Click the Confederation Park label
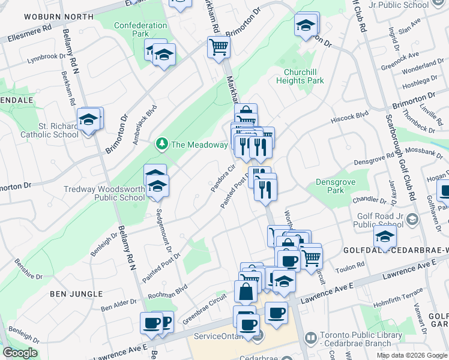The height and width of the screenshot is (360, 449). click(x=140, y=29)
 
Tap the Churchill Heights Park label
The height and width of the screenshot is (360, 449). click(x=304, y=76)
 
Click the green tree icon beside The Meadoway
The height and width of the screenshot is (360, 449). click(x=161, y=144)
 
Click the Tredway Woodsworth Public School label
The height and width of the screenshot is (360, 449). click(x=104, y=194)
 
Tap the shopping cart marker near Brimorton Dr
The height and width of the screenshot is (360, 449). click(x=219, y=47)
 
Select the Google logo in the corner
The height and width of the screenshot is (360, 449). click(x=20, y=353)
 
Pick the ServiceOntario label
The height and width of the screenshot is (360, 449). click(x=220, y=337)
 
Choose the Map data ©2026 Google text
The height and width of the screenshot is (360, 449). click(x=412, y=355)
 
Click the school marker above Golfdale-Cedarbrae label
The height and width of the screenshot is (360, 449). click(x=385, y=236)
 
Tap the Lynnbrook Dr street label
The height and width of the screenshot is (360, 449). click(x=46, y=58)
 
